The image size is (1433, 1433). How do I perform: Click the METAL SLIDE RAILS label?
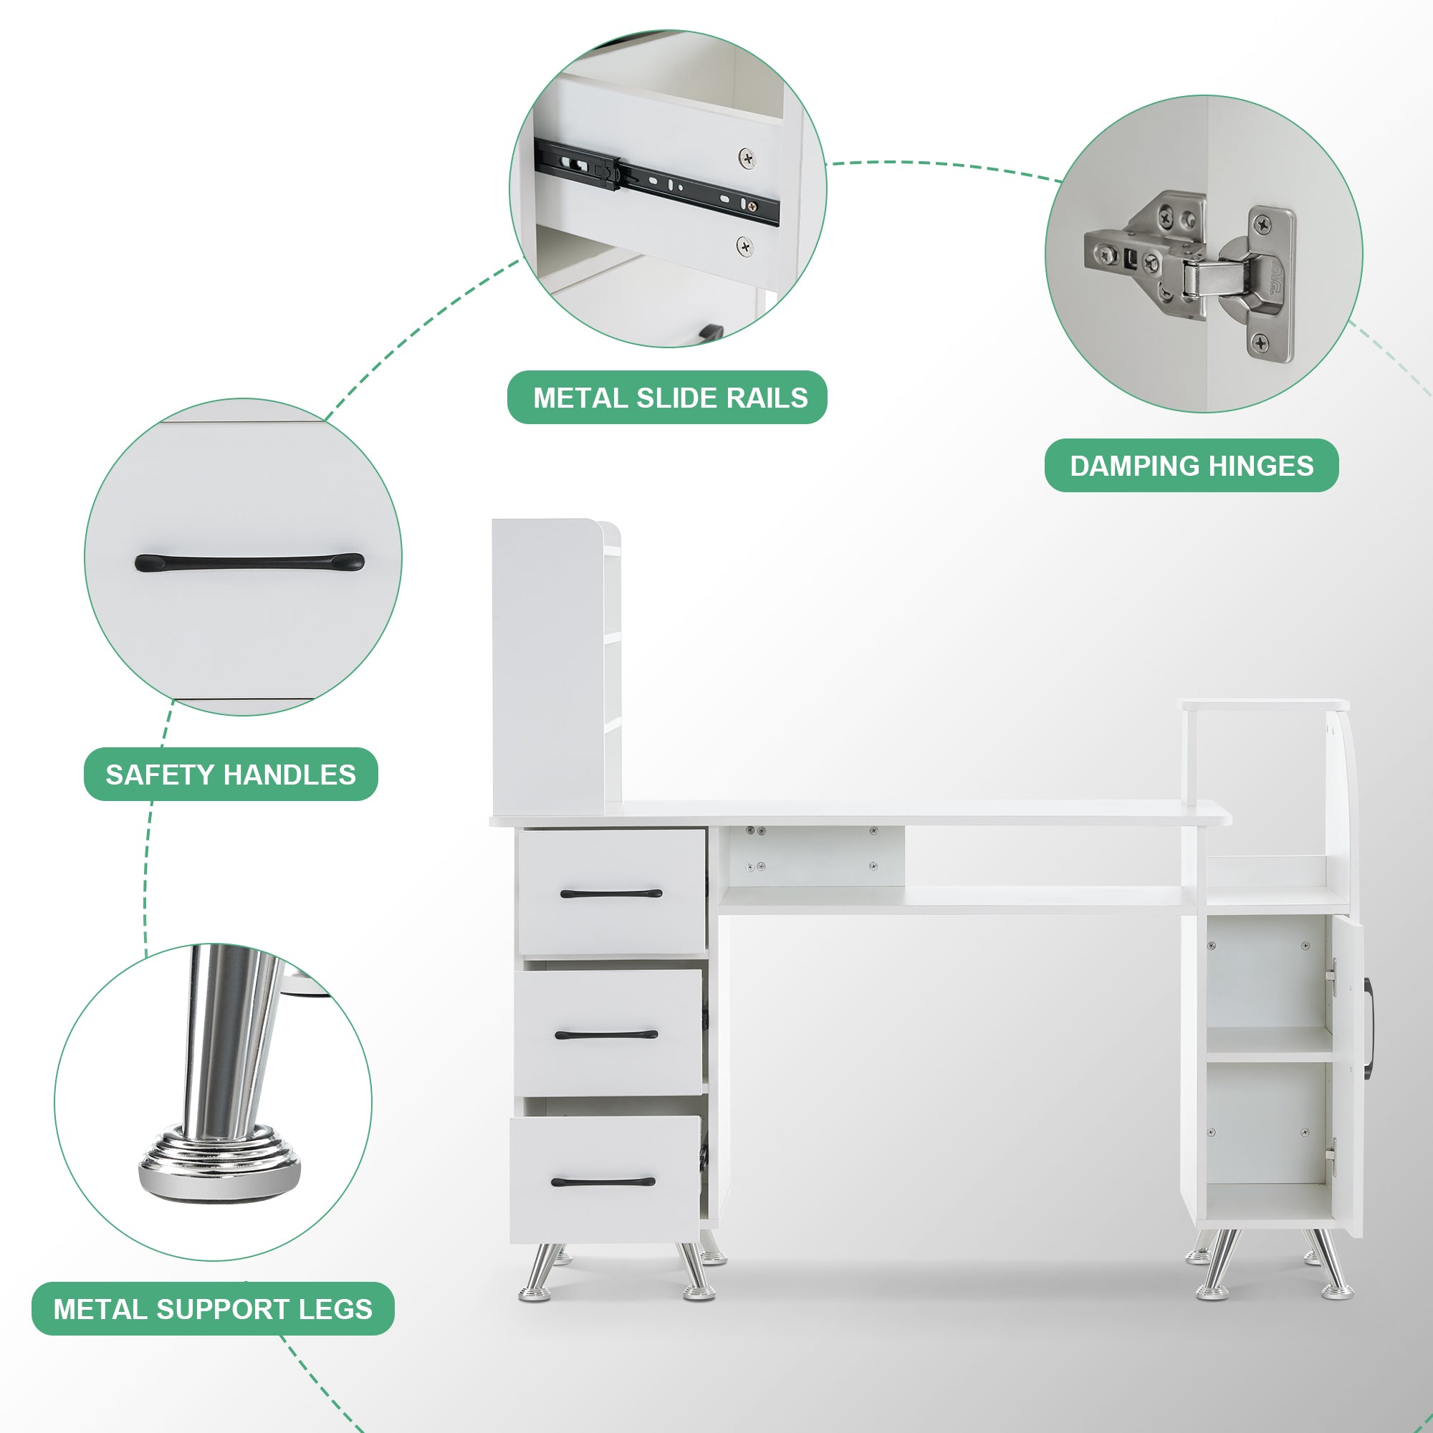click(667, 398)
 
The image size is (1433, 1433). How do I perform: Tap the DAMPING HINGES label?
click(1192, 466)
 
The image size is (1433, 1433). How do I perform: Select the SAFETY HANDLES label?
click(231, 775)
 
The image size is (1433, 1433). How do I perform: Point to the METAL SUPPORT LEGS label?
click(213, 1308)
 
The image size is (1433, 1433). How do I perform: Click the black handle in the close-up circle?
click(249, 562)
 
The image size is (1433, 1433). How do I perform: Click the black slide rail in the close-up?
click(656, 181)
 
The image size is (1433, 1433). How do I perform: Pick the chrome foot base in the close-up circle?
click(219, 1166)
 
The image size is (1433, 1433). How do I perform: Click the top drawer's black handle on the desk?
click(611, 893)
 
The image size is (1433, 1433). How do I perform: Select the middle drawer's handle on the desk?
click(607, 1035)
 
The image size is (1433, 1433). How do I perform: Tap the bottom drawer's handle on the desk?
click(603, 1182)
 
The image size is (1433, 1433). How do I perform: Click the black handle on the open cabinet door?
click(1367, 1028)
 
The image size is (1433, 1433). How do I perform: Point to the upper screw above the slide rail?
click(747, 157)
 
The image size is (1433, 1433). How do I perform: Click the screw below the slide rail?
click(744, 246)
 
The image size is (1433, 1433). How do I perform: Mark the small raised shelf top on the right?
click(1265, 704)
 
